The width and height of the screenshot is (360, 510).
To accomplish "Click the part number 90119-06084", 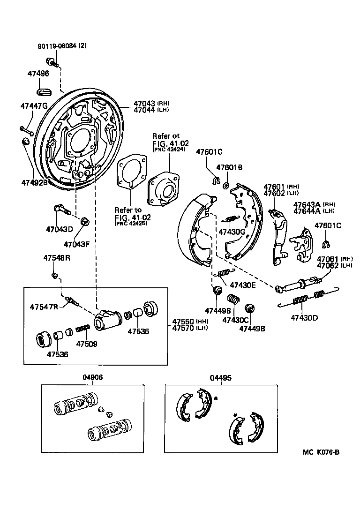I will click(57, 46).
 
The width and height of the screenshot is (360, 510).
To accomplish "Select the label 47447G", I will click(33, 105).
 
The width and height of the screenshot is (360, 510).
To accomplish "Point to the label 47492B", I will click(34, 182).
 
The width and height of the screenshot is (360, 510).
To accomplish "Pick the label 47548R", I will click(57, 258).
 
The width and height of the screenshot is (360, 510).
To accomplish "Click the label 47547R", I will click(44, 307).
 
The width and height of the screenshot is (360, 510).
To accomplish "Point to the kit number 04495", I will click(221, 377).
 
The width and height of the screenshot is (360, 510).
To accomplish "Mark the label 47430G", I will click(232, 232).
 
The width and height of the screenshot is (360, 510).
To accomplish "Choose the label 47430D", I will click(304, 318).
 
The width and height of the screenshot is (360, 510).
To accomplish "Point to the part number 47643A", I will click(307, 204).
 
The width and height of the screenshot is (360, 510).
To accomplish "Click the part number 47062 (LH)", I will click(328, 265).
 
